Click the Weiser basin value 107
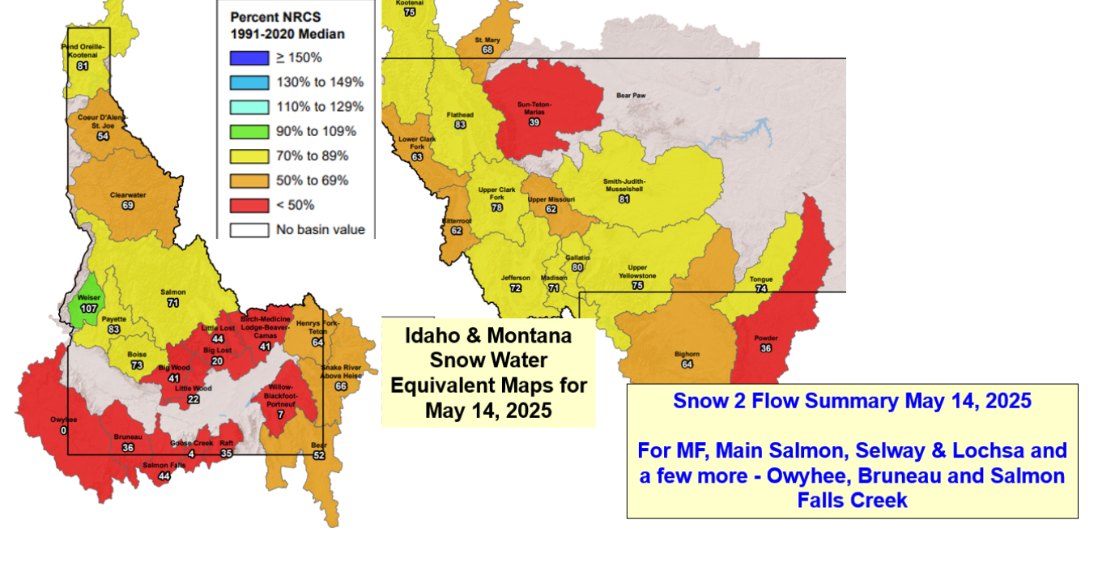click(x=88, y=309)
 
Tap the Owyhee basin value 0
click(x=64, y=430)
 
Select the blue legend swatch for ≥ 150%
click(x=249, y=58)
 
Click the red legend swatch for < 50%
click(x=249, y=205)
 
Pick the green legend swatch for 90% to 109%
click(x=249, y=131)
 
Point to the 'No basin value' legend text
click(x=321, y=229)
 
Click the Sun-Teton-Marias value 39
click(x=534, y=122)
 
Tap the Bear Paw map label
click(x=631, y=95)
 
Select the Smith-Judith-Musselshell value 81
click(x=623, y=198)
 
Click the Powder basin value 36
click(x=766, y=348)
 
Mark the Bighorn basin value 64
click(x=687, y=364)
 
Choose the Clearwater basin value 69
click(x=127, y=206)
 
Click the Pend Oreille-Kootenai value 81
click(x=82, y=66)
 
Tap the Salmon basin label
click(x=172, y=292)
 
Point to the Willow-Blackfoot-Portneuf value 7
click(x=280, y=415)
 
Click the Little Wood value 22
click(x=193, y=399)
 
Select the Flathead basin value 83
click(x=460, y=125)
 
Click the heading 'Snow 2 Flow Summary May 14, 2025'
click(x=852, y=401)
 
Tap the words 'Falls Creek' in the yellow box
click(x=852, y=501)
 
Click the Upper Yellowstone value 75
click(x=637, y=286)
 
